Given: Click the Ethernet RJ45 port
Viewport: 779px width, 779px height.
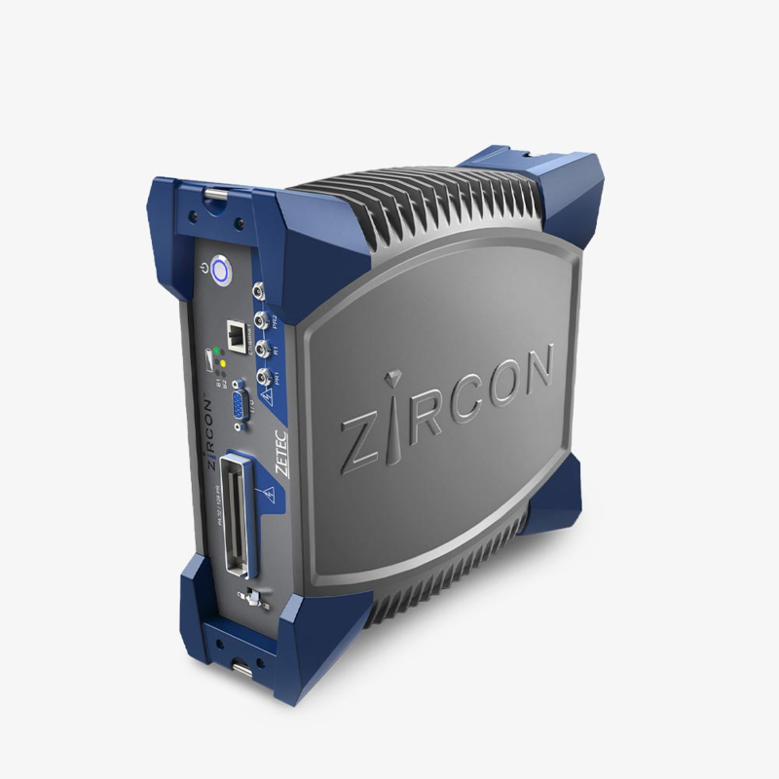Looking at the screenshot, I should coord(236,332).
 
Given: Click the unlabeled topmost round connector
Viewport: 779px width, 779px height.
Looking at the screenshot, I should coord(257,289).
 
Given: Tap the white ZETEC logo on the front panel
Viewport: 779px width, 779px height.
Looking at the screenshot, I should coord(280,452).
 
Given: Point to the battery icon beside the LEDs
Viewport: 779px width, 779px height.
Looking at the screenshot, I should coord(208,359).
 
